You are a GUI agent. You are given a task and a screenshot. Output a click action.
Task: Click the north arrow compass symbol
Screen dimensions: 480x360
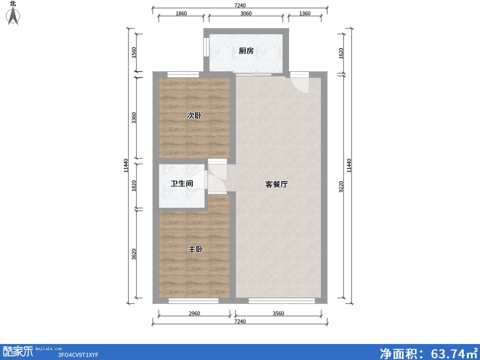tap(13, 16)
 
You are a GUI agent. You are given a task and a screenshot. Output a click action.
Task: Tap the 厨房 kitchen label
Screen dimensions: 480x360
tap(246, 51)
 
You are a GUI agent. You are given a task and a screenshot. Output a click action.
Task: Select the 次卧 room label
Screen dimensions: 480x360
tap(194, 116)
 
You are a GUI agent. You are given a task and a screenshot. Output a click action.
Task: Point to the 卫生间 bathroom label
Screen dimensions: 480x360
tap(182, 183)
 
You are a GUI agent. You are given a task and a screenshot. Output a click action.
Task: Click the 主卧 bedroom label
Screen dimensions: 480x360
tap(196, 249)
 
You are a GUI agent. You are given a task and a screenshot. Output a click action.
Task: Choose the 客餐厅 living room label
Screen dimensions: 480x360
tap(276, 184)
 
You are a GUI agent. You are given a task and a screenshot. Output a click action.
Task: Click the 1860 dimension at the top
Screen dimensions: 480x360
tap(181, 14)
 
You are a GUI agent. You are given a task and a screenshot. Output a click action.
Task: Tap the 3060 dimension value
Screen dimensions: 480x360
tap(246, 14)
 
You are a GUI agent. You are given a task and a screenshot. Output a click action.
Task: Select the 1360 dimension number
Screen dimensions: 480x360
tap(305, 14)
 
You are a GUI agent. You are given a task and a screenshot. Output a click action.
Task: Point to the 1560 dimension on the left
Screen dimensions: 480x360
tap(134, 52)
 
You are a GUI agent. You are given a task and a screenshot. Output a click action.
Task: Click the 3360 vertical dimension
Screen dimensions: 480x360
tap(134, 118)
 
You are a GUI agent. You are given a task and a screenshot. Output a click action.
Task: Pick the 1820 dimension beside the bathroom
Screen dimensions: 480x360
tap(134, 186)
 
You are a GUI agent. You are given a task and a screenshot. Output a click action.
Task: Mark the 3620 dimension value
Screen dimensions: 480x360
tap(134, 254)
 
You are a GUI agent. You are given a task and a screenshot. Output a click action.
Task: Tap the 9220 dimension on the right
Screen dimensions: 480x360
tap(341, 187)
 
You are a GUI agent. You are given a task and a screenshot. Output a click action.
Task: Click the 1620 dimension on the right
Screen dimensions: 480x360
tap(341, 53)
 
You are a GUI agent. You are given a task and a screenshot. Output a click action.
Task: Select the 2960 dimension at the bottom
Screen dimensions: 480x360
tap(194, 314)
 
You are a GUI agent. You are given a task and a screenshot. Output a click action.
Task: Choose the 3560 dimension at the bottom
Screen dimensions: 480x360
tap(278, 314)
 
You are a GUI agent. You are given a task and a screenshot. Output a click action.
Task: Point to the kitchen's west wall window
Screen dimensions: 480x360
tap(206, 47)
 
